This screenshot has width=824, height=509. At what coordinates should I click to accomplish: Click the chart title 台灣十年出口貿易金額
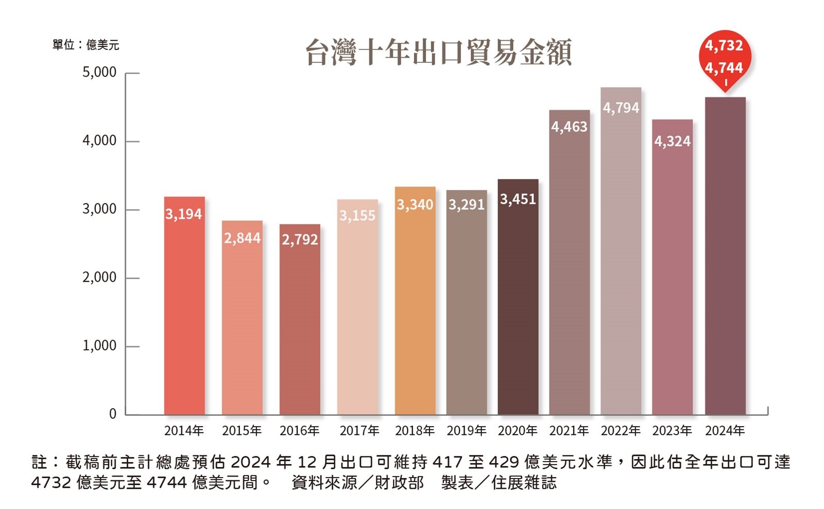438,52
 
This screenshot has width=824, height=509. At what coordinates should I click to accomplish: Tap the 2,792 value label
300,240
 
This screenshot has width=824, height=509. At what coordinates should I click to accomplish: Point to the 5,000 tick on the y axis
99,72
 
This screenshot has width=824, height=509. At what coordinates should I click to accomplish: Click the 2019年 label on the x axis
466,430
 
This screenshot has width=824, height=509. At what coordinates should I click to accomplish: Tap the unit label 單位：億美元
85,45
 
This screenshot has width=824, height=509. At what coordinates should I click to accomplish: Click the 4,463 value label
569,127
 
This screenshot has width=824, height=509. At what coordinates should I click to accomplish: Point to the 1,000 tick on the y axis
99,346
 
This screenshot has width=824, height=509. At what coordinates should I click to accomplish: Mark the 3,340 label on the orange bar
415,205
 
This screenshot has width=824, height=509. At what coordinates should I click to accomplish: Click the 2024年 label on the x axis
725,430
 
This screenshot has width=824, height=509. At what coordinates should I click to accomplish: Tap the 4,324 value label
672,141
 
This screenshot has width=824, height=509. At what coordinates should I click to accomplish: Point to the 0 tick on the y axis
112,414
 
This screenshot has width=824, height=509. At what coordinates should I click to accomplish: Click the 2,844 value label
242,238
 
